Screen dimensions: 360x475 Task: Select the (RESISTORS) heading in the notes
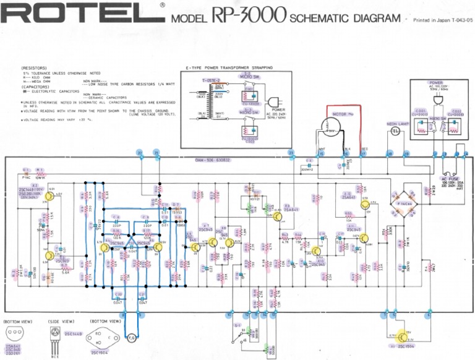(x=34, y=68)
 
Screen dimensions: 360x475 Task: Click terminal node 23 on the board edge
(x=291, y=153)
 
